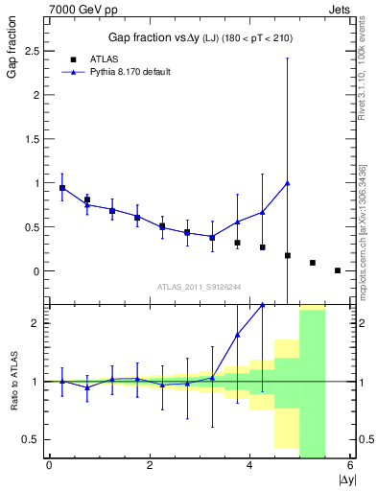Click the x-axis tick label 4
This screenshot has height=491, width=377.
tap(249, 466)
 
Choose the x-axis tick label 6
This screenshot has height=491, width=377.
tap(350, 466)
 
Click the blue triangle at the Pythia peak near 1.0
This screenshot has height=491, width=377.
tap(288, 183)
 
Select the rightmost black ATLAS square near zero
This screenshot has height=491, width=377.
tap(338, 270)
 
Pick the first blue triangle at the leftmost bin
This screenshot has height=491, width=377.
tap(62, 188)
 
